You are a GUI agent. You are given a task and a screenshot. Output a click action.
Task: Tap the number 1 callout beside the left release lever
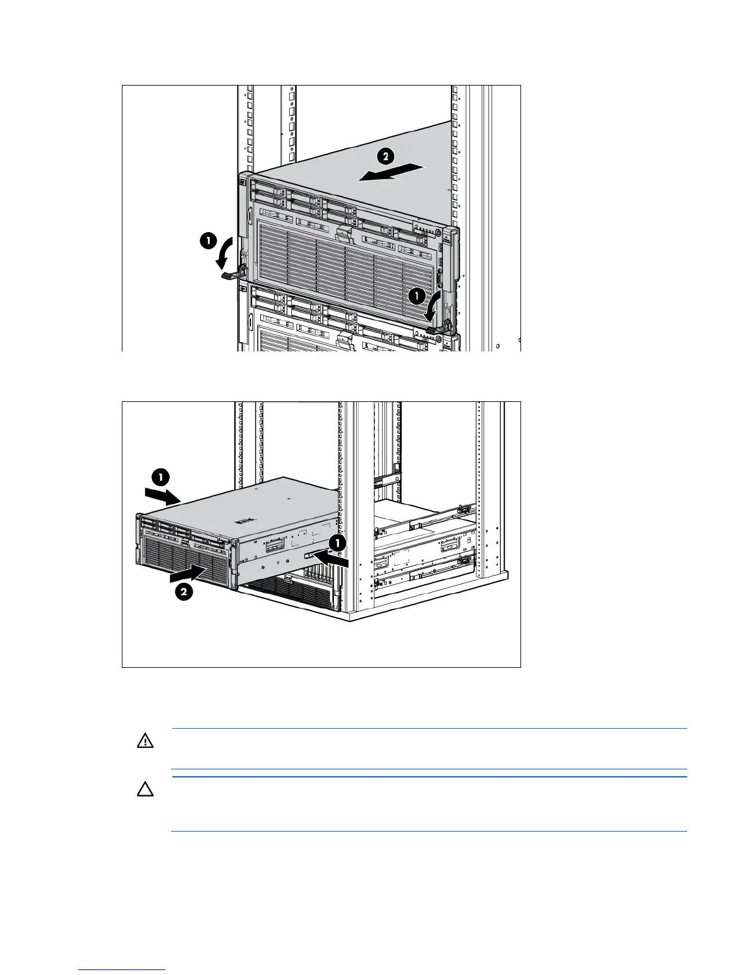pyautogui.click(x=208, y=241)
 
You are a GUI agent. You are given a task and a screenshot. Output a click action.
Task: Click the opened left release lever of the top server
pyautogui.click(x=233, y=273)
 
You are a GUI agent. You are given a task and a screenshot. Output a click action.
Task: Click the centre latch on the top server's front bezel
pyautogui.click(x=343, y=235)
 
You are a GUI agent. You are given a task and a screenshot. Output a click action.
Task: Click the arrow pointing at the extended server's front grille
pyautogui.click(x=187, y=575)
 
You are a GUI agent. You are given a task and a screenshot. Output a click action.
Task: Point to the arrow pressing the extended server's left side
pyautogui.click(x=162, y=494)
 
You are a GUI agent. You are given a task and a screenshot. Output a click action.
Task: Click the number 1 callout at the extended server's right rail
pyautogui.click(x=337, y=542)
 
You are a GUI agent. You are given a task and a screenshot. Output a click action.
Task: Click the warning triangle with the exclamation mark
pyautogui.click(x=145, y=741)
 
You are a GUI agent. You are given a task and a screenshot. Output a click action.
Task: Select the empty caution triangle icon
pyautogui.click(x=145, y=789)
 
